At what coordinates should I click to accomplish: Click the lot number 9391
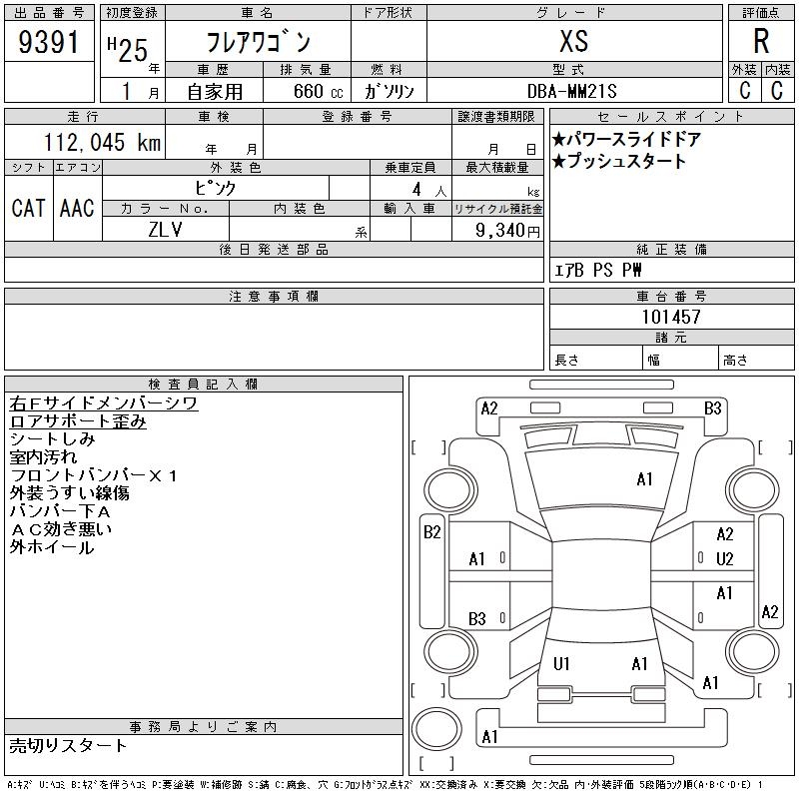click(48, 42)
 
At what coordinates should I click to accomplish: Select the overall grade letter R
click(761, 41)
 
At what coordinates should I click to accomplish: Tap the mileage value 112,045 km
click(102, 142)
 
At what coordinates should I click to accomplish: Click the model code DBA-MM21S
click(571, 91)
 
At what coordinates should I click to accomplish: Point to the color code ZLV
click(165, 230)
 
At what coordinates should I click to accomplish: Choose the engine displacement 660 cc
click(318, 91)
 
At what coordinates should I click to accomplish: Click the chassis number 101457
click(671, 317)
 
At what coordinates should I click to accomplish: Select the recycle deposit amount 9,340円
click(507, 231)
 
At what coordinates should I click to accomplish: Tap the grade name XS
click(573, 41)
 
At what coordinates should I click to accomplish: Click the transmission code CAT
click(29, 208)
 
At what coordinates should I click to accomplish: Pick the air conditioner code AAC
click(77, 208)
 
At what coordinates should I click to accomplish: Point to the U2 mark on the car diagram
click(724, 559)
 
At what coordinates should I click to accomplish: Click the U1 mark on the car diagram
click(561, 663)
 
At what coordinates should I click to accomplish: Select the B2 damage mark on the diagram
click(431, 532)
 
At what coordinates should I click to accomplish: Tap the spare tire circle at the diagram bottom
click(436, 729)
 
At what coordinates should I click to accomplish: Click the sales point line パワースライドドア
click(627, 139)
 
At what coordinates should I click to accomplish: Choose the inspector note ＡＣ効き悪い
click(61, 529)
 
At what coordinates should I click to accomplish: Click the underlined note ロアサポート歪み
click(78, 421)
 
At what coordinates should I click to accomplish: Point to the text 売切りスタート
click(67, 746)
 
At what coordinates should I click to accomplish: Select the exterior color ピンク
click(216, 189)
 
